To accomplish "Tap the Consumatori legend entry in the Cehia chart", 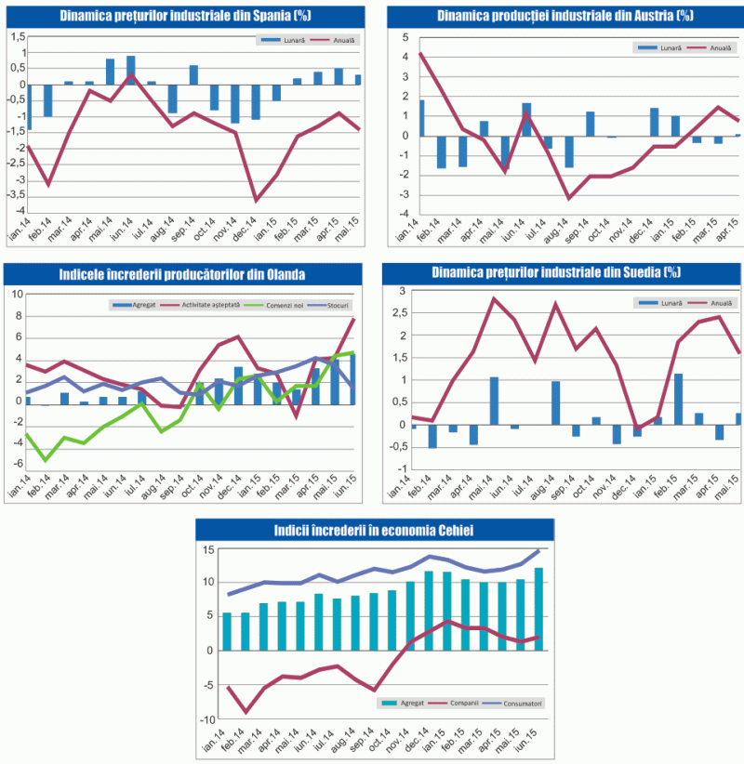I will click(517, 704).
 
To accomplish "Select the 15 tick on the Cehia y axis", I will click(209, 550).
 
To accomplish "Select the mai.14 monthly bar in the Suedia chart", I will click(495, 400).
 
